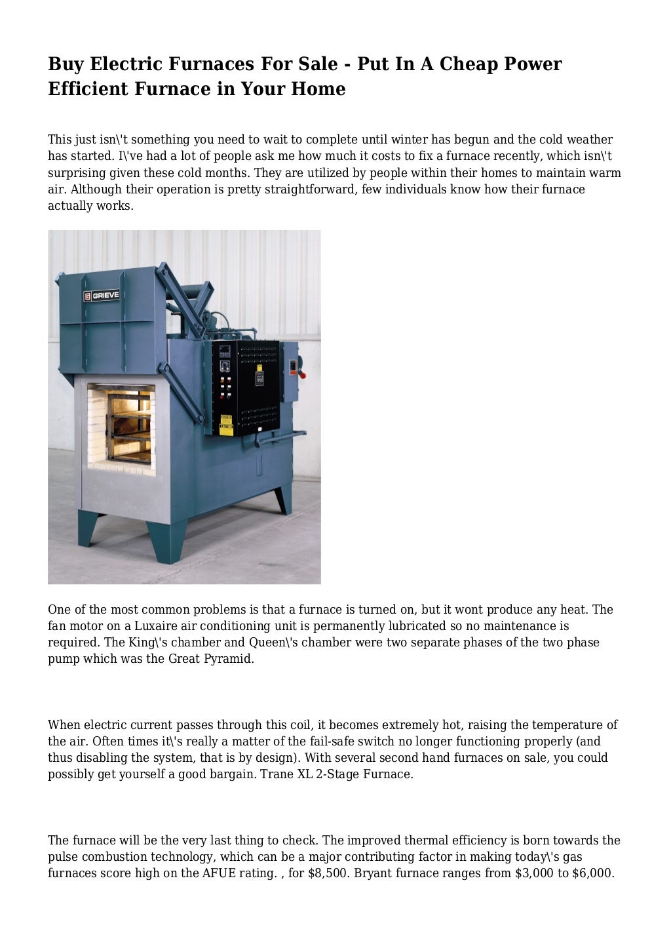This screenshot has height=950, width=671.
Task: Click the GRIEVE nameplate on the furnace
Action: tap(102, 296)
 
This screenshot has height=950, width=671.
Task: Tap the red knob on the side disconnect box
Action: tap(301, 374)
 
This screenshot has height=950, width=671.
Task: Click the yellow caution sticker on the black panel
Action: tap(226, 426)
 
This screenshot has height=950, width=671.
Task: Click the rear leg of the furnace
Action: tap(283, 500)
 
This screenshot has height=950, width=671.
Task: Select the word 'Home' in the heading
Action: tap(318, 89)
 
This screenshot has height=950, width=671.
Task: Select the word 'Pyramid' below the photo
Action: tap(231, 659)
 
